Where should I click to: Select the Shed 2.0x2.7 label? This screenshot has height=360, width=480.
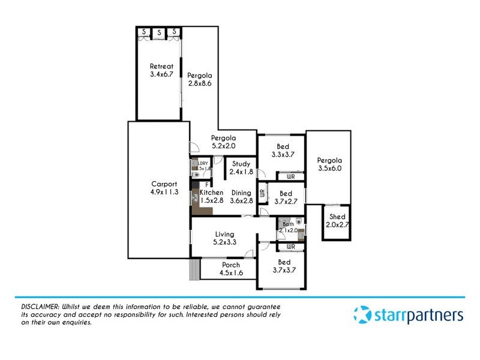coord(337,221)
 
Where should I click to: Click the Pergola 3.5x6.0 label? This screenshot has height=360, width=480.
coord(329,164)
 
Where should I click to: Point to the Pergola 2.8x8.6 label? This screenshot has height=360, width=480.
coord(199,80)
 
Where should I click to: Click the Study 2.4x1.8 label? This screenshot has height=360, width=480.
coord(241,168)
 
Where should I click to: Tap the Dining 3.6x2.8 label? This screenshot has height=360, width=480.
coord(242,197)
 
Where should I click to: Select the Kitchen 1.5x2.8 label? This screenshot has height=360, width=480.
coord(211,197)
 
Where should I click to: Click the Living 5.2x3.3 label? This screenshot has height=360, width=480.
coord(223,238)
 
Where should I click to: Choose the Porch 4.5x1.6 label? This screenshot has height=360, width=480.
coord(230,269)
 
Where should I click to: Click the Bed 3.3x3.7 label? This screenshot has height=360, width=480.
coord(283,151)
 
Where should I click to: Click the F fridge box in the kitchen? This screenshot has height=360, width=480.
coord(207,185)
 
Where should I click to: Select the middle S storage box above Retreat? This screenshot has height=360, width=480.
coord(159,32)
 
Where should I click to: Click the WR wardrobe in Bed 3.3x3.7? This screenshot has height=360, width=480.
coord(290,176)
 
